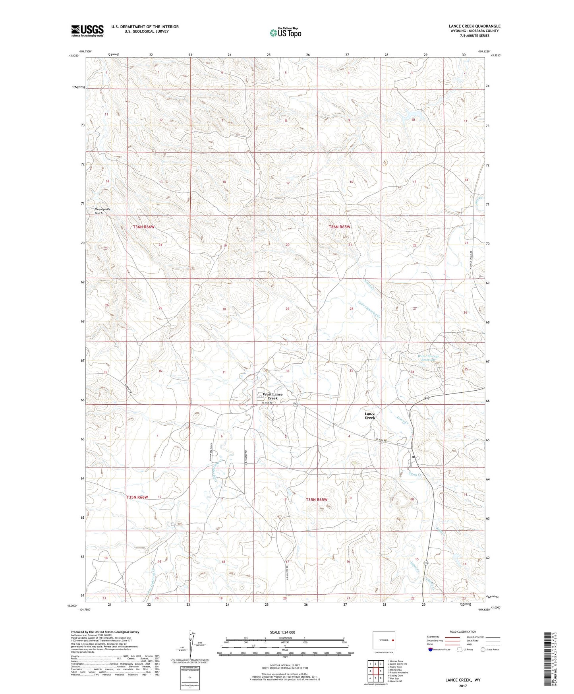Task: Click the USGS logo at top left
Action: point(87,30)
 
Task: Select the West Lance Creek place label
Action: point(273,396)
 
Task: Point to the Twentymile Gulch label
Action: point(102,211)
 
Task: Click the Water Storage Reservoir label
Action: point(429,358)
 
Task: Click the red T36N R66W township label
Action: point(143,227)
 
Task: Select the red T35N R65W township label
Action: point(317,500)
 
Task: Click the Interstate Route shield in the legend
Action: point(431,649)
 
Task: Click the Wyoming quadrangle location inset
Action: point(384,640)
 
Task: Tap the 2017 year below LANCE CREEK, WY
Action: point(463,686)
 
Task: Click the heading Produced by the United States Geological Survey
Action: point(105,632)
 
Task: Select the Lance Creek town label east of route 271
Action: point(370,416)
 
